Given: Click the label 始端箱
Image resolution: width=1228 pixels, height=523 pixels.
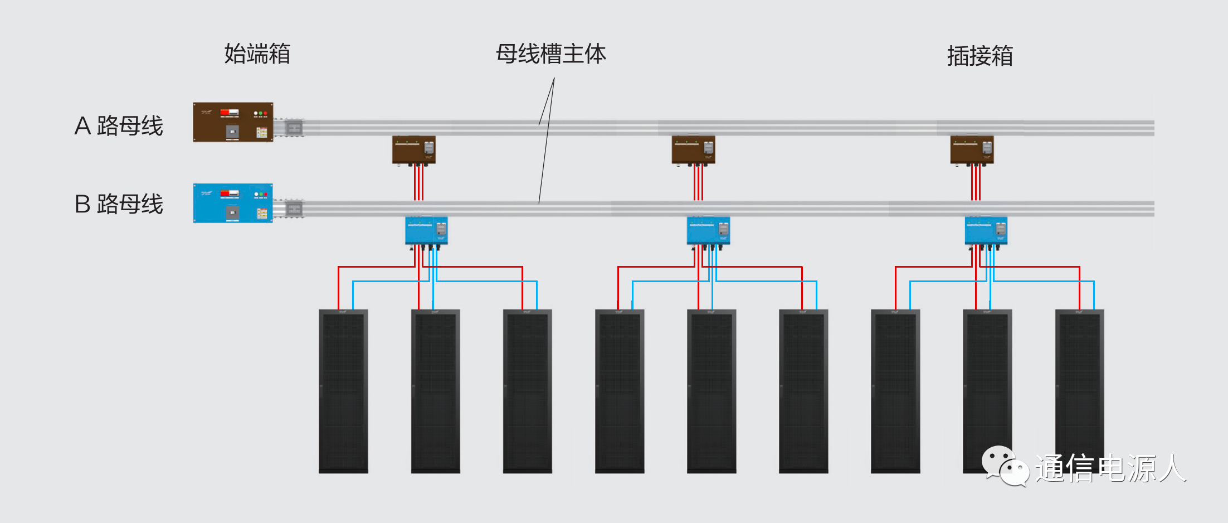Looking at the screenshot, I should click(x=257, y=54).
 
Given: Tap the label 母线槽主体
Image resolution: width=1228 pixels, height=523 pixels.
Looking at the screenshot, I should click(x=550, y=54).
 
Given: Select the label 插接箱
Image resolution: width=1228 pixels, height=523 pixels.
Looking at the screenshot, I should click(x=980, y=56).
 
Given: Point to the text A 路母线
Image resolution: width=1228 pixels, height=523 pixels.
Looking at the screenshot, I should click(x=119, y=125).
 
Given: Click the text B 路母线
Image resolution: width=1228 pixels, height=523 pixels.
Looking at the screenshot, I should click(x=119, y=204).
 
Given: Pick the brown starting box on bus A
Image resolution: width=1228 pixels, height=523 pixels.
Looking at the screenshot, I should click(x=233, y=122).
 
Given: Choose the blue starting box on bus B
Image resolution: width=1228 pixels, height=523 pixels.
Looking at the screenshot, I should click(x=233, y=203).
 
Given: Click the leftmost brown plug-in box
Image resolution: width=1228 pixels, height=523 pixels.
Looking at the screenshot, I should click(x=413, y=150).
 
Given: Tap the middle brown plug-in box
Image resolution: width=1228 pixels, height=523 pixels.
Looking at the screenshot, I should click(x=693, y=150).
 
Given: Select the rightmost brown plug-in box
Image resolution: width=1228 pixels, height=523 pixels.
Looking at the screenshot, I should click(x=972, y=150).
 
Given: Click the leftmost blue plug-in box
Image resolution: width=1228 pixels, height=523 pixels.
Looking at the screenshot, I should click(x=426, y=231).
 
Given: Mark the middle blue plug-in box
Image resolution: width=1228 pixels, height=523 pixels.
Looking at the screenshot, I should click(x=708, y=231).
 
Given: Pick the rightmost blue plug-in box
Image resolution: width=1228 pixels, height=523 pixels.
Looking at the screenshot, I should click(x=986, y=231).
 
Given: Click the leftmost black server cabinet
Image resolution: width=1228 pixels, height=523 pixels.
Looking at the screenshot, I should click(x=343, y=391).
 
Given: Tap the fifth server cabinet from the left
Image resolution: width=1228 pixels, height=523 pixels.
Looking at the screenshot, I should click(x=712, y=391).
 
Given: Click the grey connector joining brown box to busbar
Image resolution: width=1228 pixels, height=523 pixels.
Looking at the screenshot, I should click(x=293, y=128).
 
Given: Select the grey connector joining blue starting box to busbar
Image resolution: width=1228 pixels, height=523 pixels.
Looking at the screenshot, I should click(x=293, y=209).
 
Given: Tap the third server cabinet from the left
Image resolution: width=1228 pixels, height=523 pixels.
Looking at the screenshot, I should click(x=527, y=391).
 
